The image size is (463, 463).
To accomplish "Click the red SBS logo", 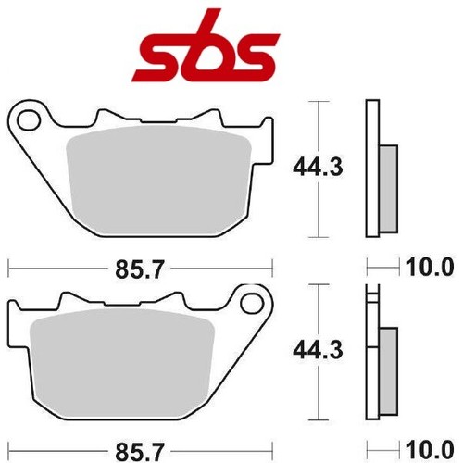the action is pyautogui.click(x=206, y=49).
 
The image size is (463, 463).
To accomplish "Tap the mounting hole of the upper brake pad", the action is pyautogui.click(x=30, y=120).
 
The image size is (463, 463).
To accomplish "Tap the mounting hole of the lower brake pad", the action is pyautogui.click(x=252, y=304).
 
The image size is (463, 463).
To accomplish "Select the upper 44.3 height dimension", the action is pyautogui.click(x=318, y=167).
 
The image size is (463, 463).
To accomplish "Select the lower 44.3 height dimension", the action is pyautogui.click(x=318, y=350).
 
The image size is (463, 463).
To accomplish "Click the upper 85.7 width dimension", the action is pyautogui.click(x=139, y=269).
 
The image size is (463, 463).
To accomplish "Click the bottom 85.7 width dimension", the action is pyautogui.click(x=139, y=451).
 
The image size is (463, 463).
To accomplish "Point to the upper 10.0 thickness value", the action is pyautogui.click(x=430, y=267).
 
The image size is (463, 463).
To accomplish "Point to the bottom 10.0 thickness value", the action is pyautogui.click(x=430, y=450).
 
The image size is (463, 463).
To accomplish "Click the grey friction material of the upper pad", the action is pyautogui.click(x=159, y=181).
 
